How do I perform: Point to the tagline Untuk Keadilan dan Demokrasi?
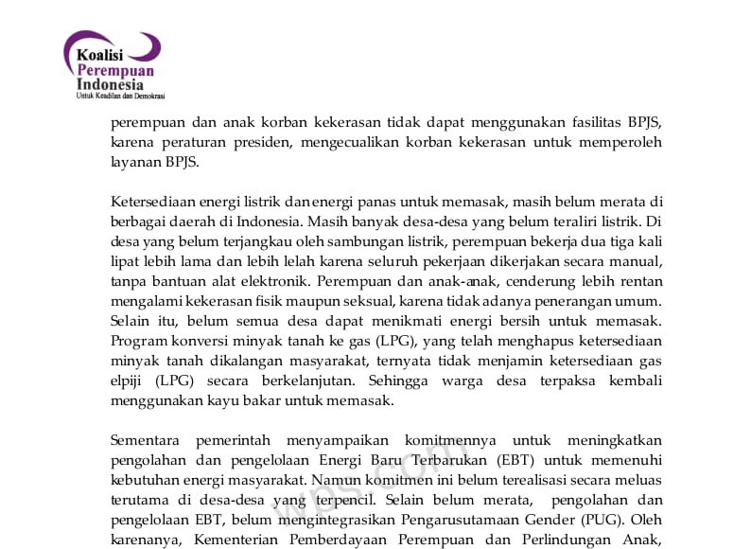120,97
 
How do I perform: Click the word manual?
634,261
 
